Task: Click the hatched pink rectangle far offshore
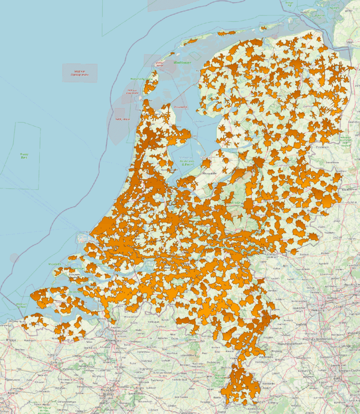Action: tap(80, 73)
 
